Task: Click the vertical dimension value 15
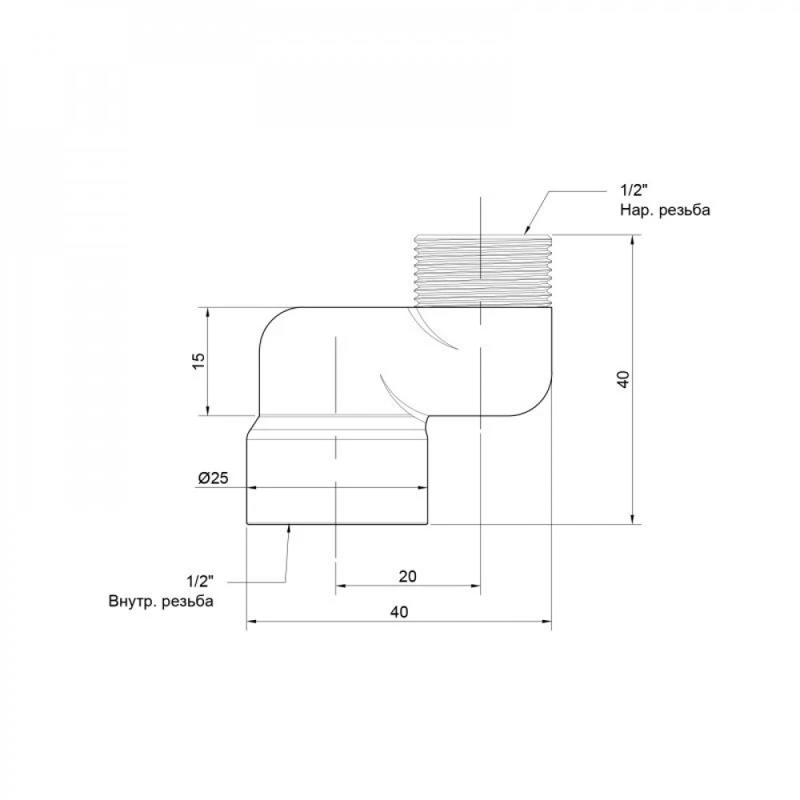tap(199, 362)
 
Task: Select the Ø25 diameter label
tap(214, 478)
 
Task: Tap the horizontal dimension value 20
tap(408, 576)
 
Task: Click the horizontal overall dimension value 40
tap(399, 611)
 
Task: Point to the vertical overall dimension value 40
tap(623, 379)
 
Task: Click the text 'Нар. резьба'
tap(665, 210)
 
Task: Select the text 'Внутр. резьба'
tap(161, 601)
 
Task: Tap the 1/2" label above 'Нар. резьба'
tap(634, 190)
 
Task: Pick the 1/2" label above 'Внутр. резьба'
tap(199, 581)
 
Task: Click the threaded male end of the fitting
tap(484, 270)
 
